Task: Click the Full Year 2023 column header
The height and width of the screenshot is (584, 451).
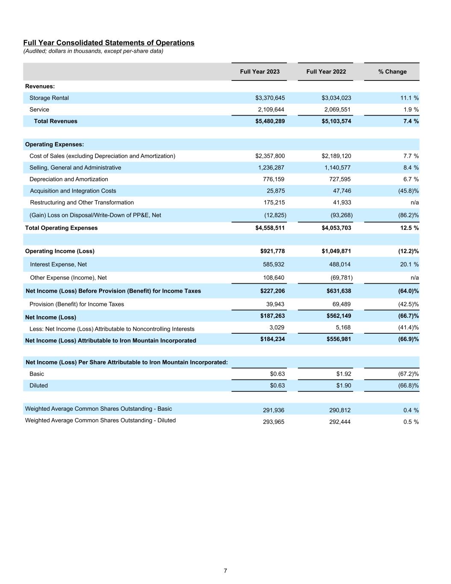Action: [x=259, y=71]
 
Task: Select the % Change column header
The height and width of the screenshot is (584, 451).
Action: [x=392, y=71]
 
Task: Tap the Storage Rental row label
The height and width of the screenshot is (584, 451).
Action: [x=49, y=98]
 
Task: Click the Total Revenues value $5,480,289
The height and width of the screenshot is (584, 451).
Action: [x=270, y=121]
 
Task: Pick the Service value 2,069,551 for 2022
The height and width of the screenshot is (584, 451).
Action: [x=337, y=110]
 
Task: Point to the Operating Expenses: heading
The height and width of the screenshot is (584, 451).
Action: [x=54, y=145]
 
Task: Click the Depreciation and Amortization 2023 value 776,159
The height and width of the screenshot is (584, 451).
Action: [x=274, y=179]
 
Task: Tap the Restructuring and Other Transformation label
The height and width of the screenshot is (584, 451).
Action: [x=82, y=202]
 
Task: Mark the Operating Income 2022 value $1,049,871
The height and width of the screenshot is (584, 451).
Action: [x=336, y=251]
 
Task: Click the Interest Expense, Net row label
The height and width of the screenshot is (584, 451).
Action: [x=58, y=264]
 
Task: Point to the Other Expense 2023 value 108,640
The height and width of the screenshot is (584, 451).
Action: [x=274, y=278]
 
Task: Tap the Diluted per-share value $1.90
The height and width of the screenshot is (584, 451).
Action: [x=344, y=385]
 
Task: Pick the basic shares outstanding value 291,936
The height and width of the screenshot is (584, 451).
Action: [x=274, y=410]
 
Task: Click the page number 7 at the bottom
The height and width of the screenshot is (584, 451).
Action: [x=225, y=571]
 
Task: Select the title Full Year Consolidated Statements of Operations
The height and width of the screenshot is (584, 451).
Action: [x=109, y=43]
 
